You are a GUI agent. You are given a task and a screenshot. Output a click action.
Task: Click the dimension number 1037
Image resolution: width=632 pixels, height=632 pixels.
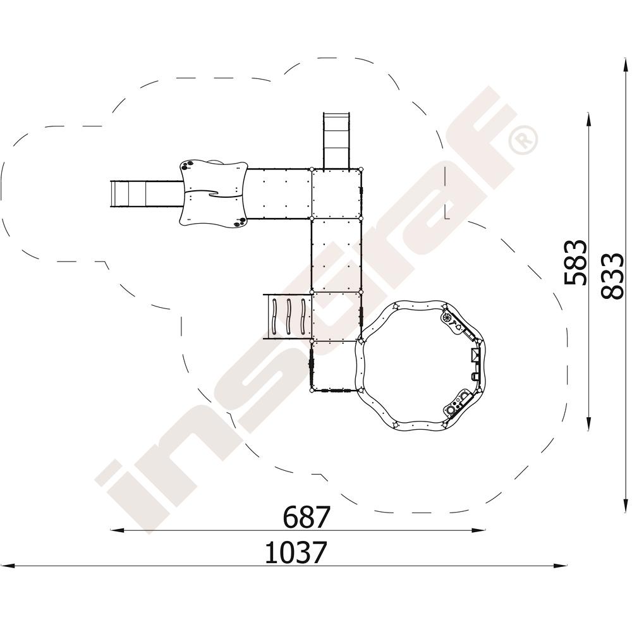tap(295, 552)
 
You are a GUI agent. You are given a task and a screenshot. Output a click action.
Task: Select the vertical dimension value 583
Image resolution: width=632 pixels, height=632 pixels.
tap(574, 262)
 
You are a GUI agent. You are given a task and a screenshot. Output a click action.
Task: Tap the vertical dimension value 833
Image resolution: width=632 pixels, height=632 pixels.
tap(612, 277)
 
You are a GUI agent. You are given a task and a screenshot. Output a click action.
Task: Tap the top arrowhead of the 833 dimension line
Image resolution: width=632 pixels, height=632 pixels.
tap(626, 66)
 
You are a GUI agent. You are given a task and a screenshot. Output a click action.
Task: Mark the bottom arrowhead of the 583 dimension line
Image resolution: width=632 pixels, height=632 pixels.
tap(589, 423)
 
